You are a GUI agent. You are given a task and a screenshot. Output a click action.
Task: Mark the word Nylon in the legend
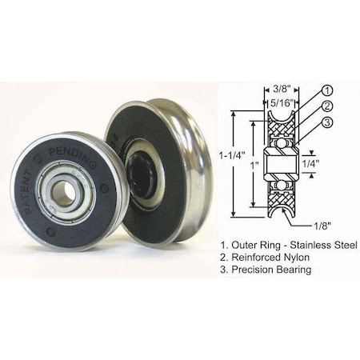[293, 258]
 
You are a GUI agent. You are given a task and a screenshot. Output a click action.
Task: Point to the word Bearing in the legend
[290, 270]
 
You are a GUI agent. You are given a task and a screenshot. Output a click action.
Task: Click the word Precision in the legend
[248, 270]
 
